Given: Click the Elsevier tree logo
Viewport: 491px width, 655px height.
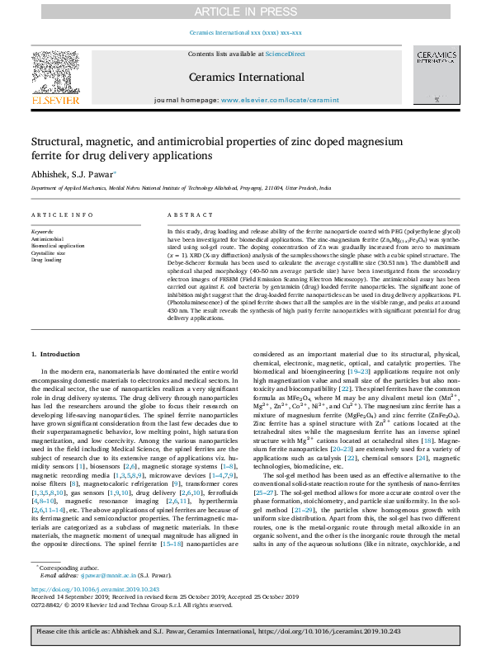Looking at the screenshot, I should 55,73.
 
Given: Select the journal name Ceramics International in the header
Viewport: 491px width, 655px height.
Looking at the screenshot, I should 246,76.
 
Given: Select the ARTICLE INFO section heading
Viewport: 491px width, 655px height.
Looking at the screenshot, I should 62,214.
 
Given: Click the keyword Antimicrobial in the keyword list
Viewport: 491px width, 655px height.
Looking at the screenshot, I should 49,239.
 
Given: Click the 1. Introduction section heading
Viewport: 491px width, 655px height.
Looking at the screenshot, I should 55,354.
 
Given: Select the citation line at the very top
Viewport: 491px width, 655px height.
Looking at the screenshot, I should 245,32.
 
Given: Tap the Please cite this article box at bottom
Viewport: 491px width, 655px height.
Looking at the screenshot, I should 245,630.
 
